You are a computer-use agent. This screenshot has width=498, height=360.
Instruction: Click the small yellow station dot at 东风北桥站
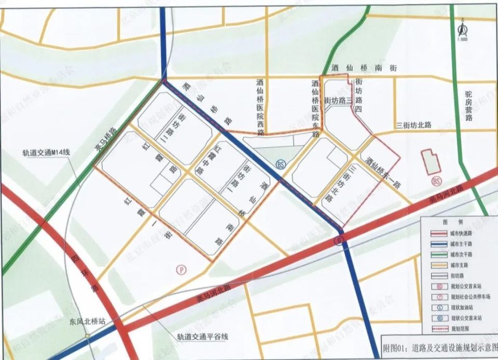click(x=88, y=336)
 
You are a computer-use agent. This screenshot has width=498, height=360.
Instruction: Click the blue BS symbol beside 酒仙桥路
click(x=281, y=164)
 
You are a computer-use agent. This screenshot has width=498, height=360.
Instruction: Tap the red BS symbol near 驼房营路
click(x=436, y=181)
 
